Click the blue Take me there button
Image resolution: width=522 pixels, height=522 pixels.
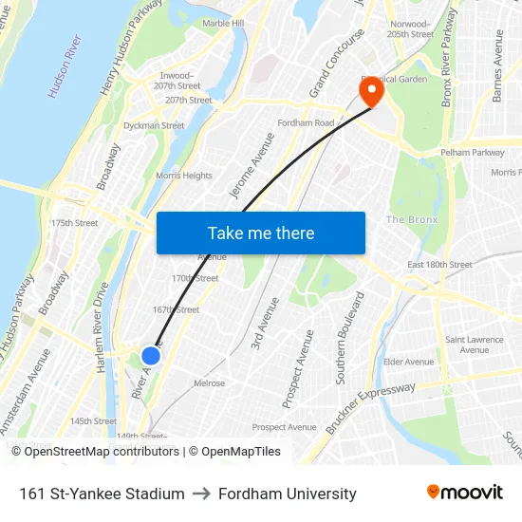pos(261,233)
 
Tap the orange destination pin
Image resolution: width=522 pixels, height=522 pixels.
pos(368,93)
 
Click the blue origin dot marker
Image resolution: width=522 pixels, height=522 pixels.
pos(151,356)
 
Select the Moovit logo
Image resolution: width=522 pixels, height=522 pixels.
pos(464,493)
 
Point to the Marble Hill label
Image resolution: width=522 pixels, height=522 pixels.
pos(223,23)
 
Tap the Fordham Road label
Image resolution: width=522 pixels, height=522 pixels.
pos(306,123)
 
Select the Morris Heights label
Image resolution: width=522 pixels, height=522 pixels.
pos(184,176)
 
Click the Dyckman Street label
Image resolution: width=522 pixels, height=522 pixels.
pos(154,125)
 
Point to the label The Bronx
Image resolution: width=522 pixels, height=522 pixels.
pos(410,220)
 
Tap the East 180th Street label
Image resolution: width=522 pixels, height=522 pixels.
pos(439,265)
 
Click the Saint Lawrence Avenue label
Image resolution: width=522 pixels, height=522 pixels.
pos(468,345)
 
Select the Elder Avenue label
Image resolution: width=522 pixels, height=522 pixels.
pos(408,362)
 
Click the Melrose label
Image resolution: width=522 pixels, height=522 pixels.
pos(209,383)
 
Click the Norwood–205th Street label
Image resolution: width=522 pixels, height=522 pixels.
pos(410,28)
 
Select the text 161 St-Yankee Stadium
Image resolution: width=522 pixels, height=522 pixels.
pos(102,494)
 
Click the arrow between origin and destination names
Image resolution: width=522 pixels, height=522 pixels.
pos(201,494)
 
